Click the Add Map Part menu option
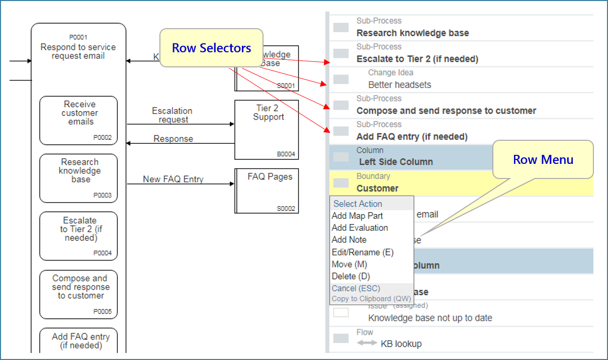click(x=357, y=216)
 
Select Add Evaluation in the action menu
click(x=360, y=228)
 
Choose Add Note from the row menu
click(x=349, y=240)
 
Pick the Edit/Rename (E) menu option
click(x=363, y=252)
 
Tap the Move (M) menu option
click(x=350, y=264)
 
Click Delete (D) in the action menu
click(x=351, y=276)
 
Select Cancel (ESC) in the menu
click(x=356, y=288)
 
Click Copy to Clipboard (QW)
click(x=371, y=299)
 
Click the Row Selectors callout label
click(x=211, y=48)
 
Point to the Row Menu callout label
click(x=543, y=159)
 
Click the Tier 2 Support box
click(x=267, y=129)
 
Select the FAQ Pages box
click(x=267, y=191)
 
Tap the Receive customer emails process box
click(x=78, y=120)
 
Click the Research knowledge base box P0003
click(x=78, y=178)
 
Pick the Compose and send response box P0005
click(x=78, y=294)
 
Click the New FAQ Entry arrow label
click(x=173, y=179)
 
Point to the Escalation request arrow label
click(x=172, y=115)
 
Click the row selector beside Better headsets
click(x=341, y=79)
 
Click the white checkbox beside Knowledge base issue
click(x=341, y=313)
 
